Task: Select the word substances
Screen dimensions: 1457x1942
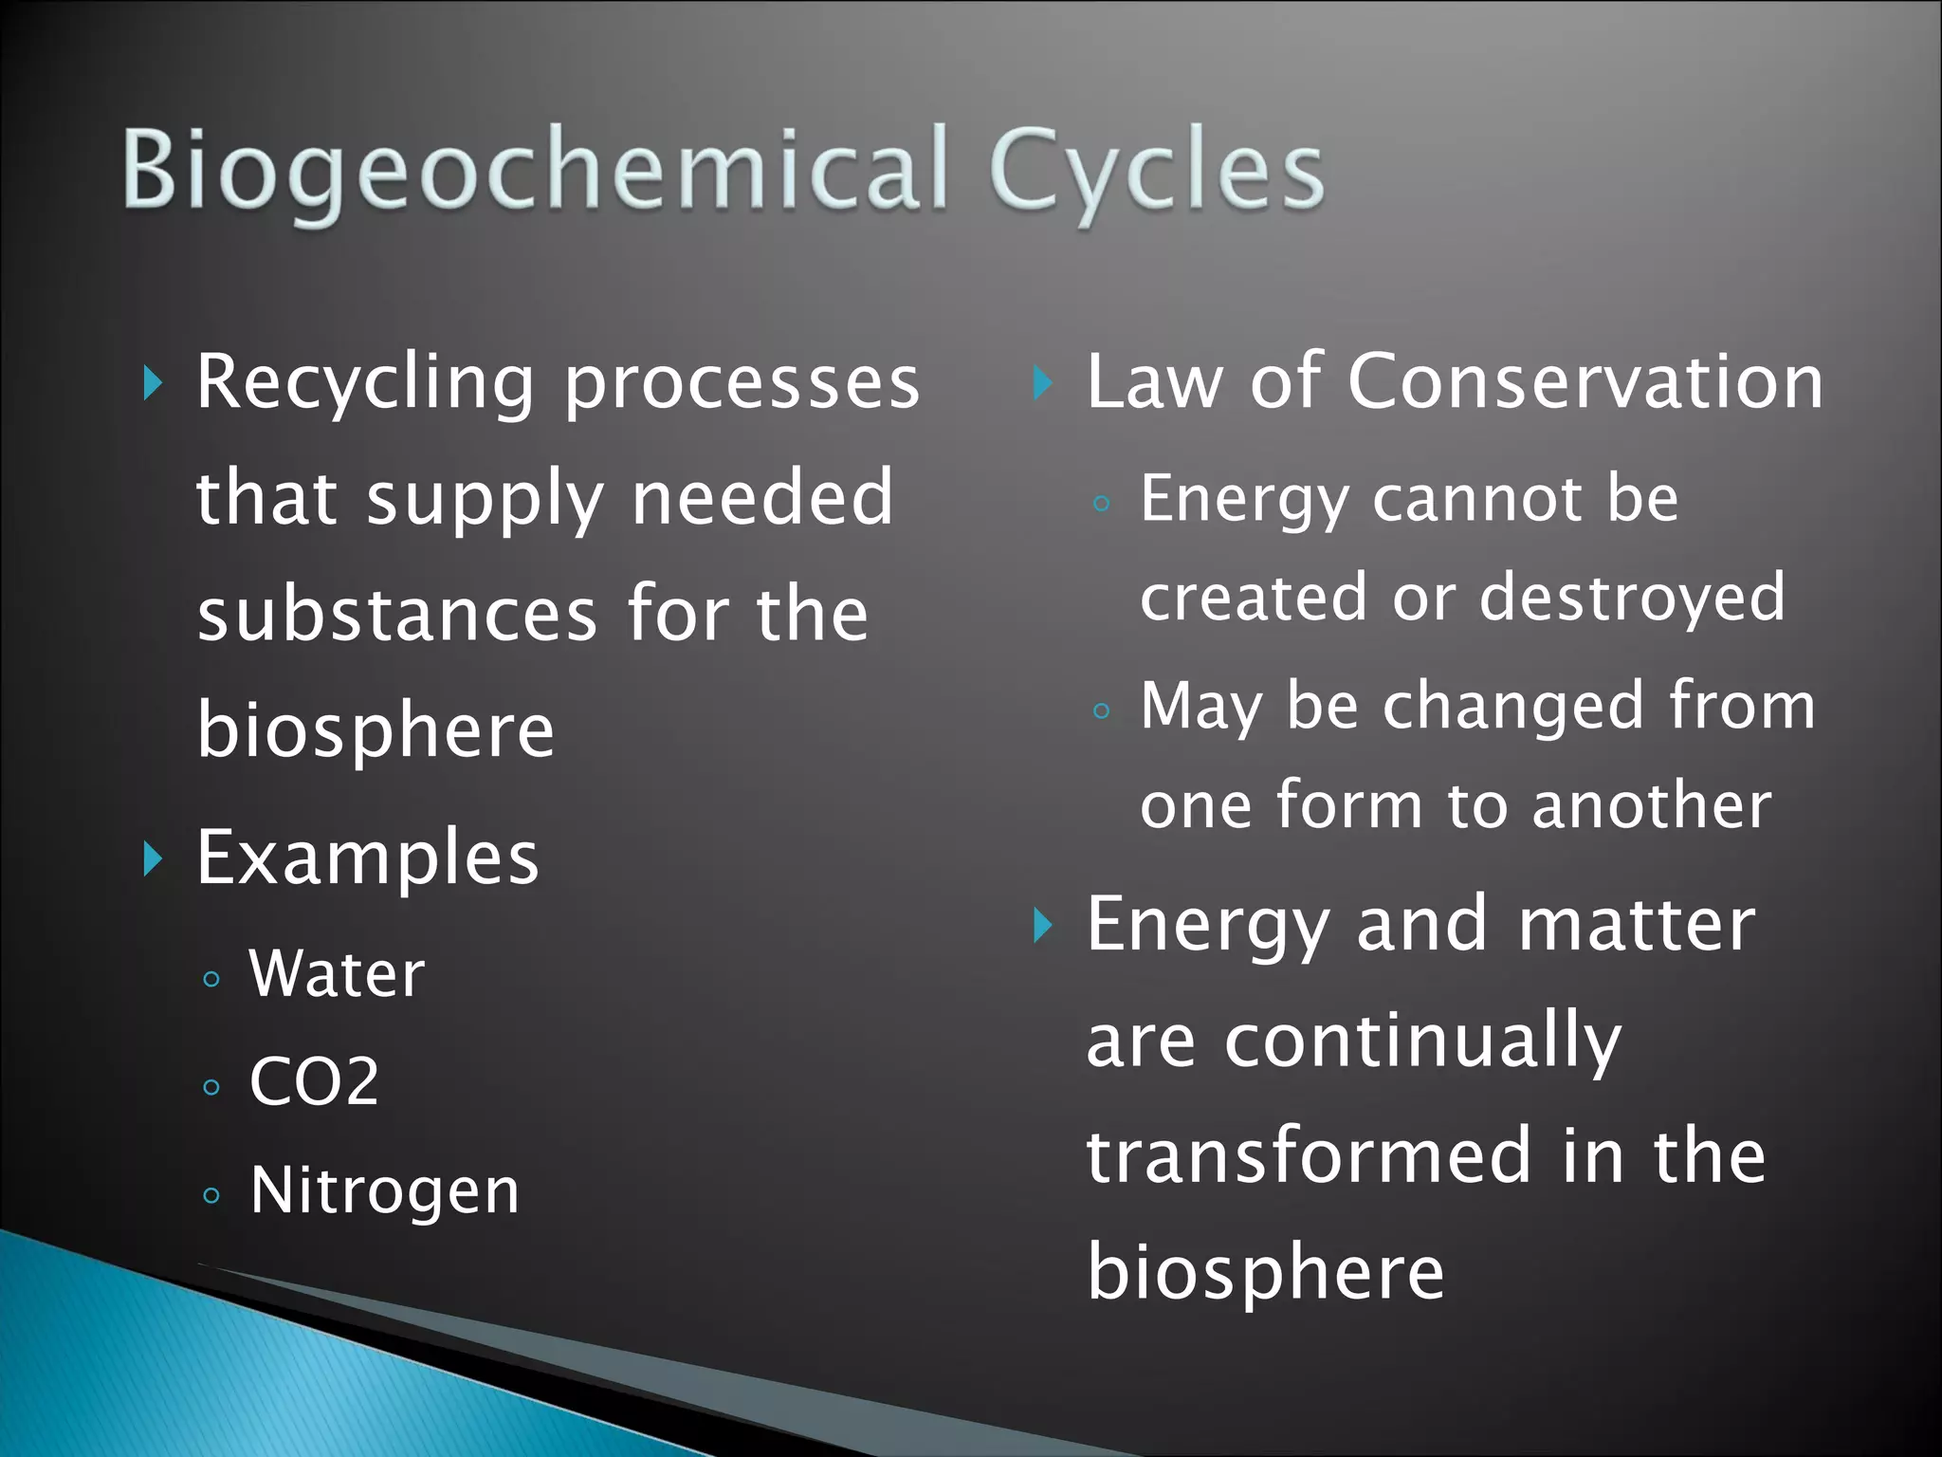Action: (x=397, y=615)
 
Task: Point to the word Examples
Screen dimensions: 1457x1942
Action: (x=368, y=858)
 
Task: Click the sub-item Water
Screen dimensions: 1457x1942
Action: (x=337, y=974)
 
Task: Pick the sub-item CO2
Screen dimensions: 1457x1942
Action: (x=314, y=1081)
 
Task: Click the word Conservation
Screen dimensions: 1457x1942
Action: (x=1585, y=381)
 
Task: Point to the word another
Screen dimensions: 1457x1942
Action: (x=1652, y=806)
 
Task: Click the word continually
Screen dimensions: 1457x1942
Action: (x=1422, y=1042)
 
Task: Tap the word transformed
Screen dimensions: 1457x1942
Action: (x=1310, y=1157)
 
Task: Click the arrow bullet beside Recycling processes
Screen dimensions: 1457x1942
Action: (x=153, y=384)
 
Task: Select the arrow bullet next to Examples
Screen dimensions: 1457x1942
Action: (x=153, y=858)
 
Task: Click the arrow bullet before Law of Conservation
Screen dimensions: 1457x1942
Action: (x=1042, y=383)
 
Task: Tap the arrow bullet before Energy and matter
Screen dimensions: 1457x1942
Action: (x=1042, y=925)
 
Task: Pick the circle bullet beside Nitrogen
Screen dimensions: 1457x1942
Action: (x=211, y=1195)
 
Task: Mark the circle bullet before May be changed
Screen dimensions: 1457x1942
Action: (x=1101, y=710)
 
